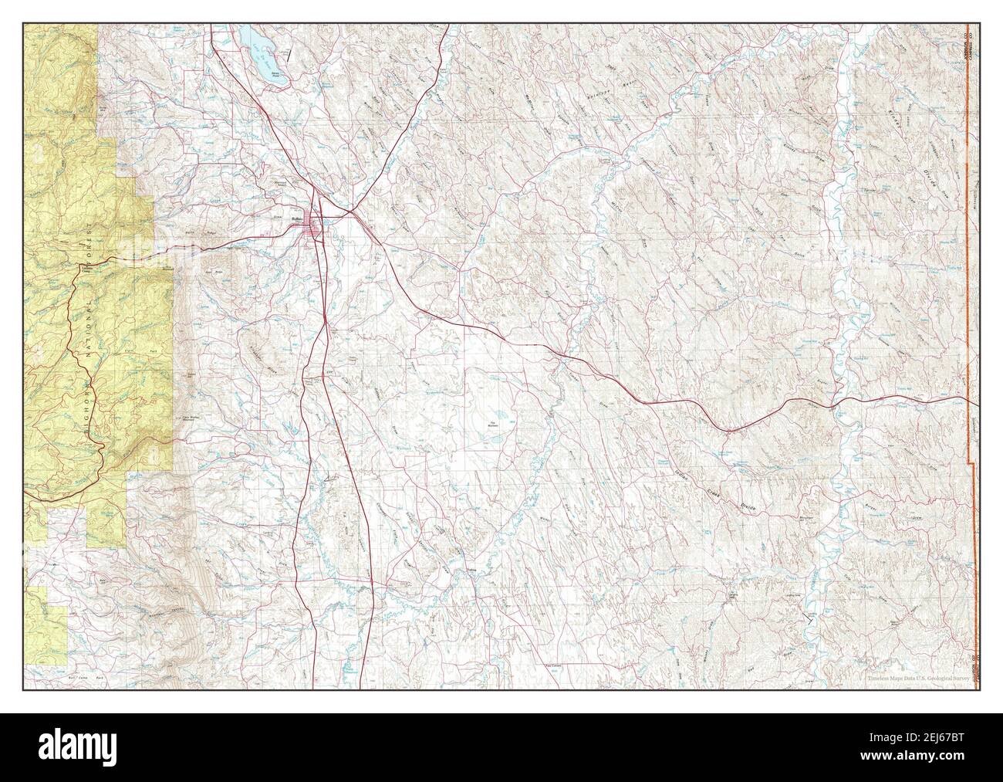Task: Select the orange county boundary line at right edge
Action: tap(967, 232)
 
